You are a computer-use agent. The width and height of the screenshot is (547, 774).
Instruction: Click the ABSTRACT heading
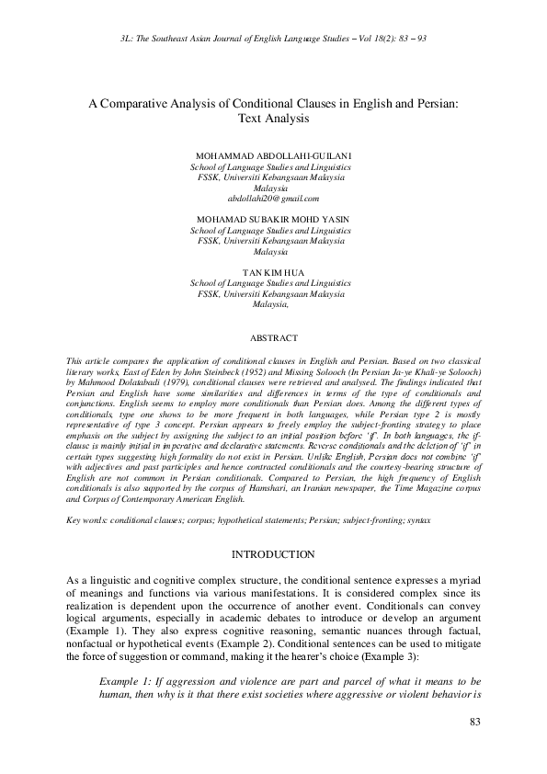pos(273,337)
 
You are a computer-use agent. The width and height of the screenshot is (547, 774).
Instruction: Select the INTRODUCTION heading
pos(273,554)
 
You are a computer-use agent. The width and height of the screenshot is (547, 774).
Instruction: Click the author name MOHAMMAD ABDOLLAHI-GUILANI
pos(273,157)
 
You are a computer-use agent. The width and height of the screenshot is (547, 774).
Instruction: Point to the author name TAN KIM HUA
pos(273,272)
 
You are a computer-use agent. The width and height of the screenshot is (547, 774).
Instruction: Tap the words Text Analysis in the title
pos(273,120)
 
